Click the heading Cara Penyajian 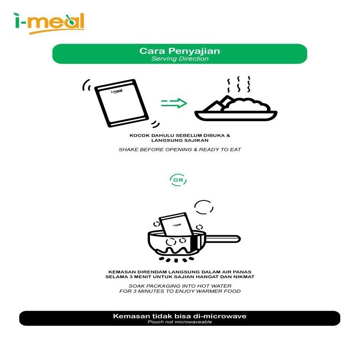[x=180, y=51]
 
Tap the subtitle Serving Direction [x=180, y=59]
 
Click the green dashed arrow [x=174, y=103]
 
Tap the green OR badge [x=178, y=180]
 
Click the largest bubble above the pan [x=204, y=207]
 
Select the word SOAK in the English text [x=137, y=285]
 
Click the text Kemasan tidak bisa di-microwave [x=180, y=316]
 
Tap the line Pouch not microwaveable [x=180, y=322]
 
